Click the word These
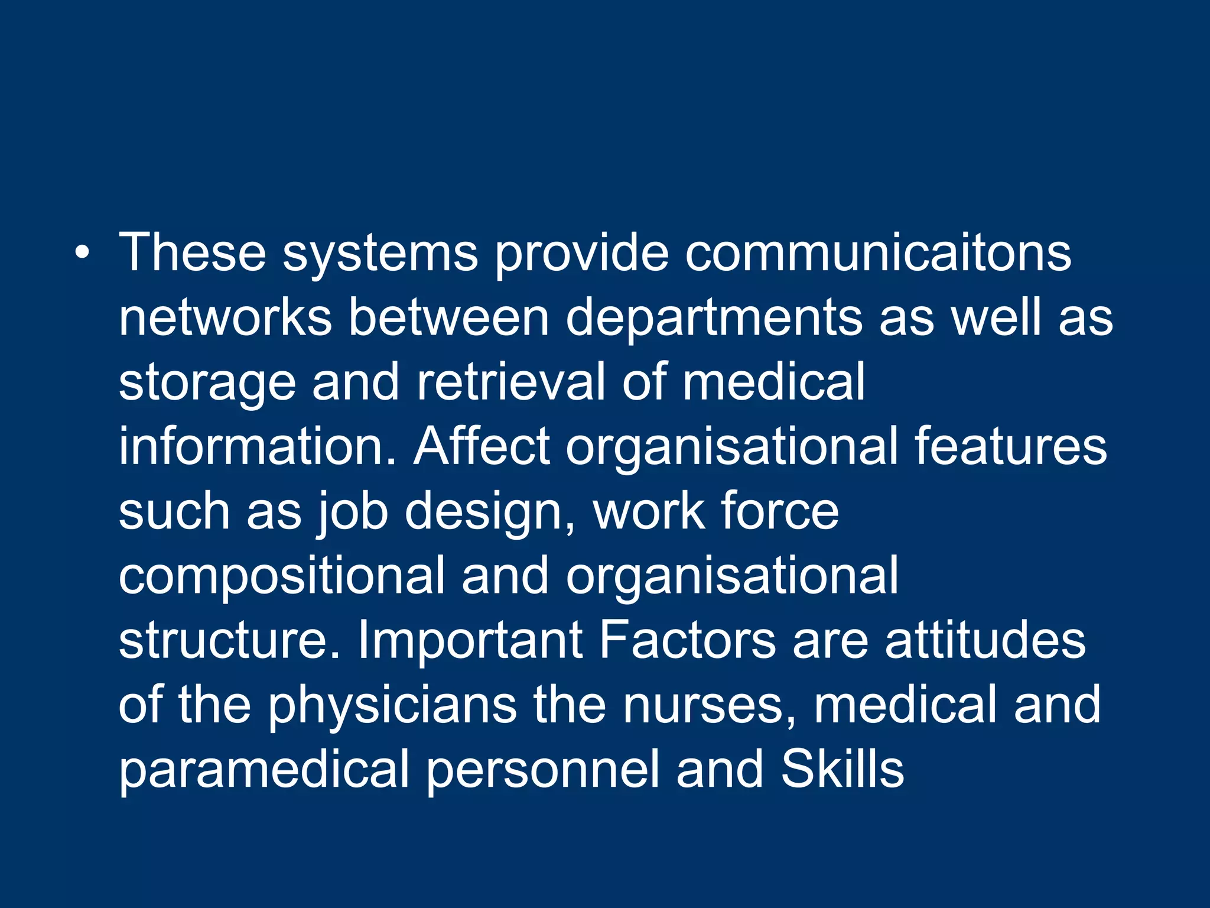click(192, 253)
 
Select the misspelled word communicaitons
click(878, 253)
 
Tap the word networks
click(225, 317)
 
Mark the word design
click(490, 512)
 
